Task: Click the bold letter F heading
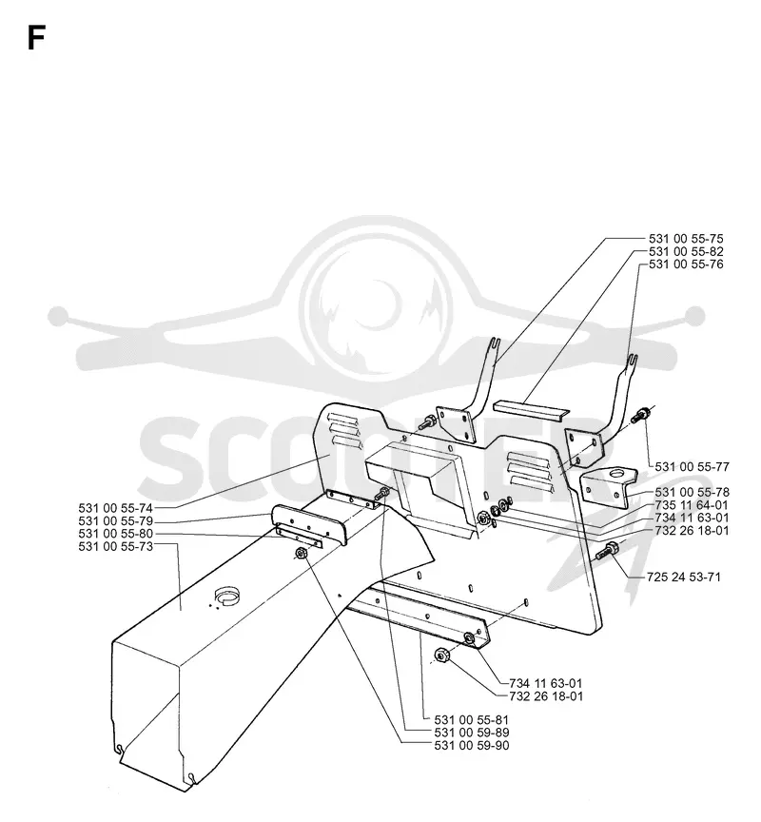(x=36, y=38)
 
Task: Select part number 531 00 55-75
(x=686, y=239)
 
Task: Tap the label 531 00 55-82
(x=686, y=251)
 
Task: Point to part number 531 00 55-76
(x=686, y=264)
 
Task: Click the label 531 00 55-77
(x=692, y=466)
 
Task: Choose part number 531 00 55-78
(x=692, y=492)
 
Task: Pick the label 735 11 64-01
(x=692, y=505)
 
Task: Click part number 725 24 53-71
(x=684, y=577)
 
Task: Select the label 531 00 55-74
(x=116, y=508)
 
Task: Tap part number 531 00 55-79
(x=116, y=521)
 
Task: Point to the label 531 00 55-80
(x=116, y=534)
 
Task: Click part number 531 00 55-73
(x=116, y=547)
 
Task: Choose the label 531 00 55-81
(x=472, y=720)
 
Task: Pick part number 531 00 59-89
(x=472, y=733)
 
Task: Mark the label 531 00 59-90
(x=472, y=746)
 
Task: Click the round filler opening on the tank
(x=227, y=595)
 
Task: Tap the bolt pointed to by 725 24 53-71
(x=608, y=551)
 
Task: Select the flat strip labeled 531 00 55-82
(x=531, y=408)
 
